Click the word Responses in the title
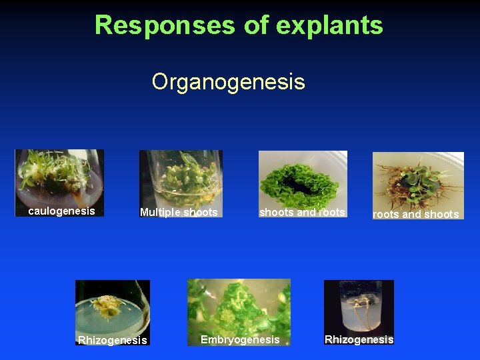(x=165, y=25)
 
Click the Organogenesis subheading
(x=228, y=82)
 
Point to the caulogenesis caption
(x=61, y=211)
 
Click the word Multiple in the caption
(x=159, y=213)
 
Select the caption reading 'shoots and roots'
(x=302, y=213)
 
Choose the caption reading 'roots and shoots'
(x=415, y=214)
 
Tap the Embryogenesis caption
(x=240, y=340)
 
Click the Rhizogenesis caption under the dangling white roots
(x=359, y=340)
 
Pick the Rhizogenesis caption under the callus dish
(x=112, y=341)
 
